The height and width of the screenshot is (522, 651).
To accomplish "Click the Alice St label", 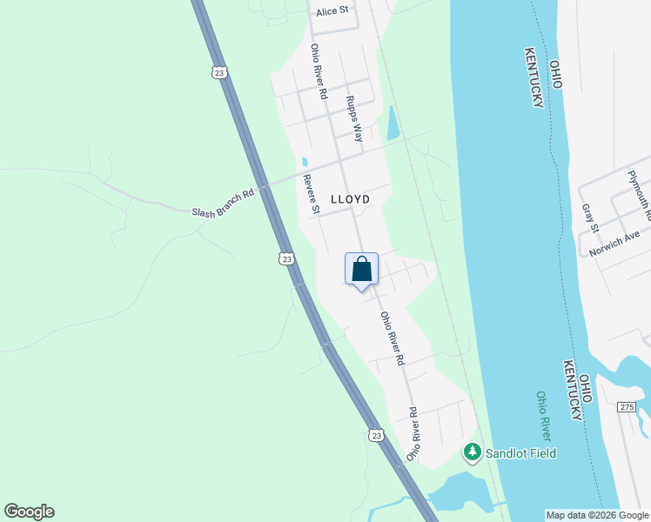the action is tap(332, 10).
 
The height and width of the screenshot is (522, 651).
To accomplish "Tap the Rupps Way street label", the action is tap(354, 118).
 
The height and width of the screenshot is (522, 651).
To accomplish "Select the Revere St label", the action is tap(312, 193).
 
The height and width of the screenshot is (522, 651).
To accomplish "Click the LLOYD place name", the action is tap(350, 199).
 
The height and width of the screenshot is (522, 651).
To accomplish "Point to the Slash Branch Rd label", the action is tap(224, 202).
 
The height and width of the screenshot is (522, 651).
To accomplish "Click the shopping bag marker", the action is tap(362, 270).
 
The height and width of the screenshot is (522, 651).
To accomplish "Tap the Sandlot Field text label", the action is tap(521, 453).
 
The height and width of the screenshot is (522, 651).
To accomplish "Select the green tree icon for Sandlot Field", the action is tap(472, 452).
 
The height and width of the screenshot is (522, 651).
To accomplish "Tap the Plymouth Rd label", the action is tap(640, 193).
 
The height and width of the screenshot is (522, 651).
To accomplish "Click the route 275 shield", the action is tap(628, 407).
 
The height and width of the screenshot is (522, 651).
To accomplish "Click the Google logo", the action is tap(29, 512).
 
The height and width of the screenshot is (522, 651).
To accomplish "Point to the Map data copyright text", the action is tap(596, 515).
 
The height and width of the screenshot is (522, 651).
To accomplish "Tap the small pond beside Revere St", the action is tap(305, 162).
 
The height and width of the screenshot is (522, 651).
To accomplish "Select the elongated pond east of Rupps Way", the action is tap(393, 123).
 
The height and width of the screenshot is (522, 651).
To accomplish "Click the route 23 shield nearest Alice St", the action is tap(218, 73).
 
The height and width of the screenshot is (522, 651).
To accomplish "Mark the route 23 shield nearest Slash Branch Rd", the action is tap(286, 258).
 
